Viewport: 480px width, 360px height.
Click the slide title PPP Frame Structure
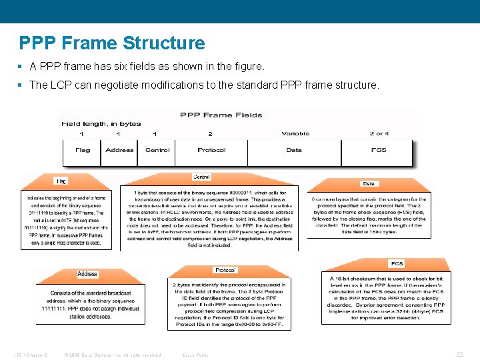click(x=112, y=43)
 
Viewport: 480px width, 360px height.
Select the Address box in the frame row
click(x=119, y=150)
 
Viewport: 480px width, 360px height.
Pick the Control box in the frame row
click(x=157, y=150)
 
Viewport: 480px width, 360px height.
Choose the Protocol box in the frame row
click(x=211, y=150)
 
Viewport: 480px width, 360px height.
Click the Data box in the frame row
click(x=294, y=150)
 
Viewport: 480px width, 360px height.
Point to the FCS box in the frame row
click(x=379, y=150)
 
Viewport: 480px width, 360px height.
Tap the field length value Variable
click(x=295, y=133)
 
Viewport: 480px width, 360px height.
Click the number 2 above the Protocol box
click(x=210, y=133)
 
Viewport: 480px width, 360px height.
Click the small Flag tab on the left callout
click(x=61, y=181)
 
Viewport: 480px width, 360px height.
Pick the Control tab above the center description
click(x=201, y=177)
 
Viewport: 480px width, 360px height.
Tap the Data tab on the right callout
click(x=369, y=183)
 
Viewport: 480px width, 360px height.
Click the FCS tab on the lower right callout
click(x=397, y=263)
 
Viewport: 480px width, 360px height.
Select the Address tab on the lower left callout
click(x=87, y=274)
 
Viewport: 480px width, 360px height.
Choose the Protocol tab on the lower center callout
click(x=225, y=270)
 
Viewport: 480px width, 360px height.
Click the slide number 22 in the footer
click(x=459, y=353)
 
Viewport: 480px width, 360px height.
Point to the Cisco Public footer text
click(x=196, y=354)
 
